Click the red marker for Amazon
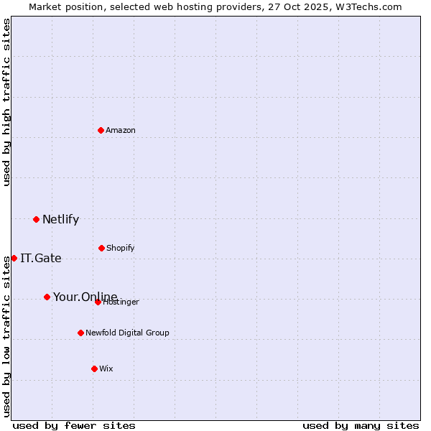click(101, 130)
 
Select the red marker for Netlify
click(36, 219)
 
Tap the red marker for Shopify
click(101, 248)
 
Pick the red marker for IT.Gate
click(14, 258)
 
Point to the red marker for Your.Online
click(47, 297)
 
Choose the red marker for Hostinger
click(98, 302)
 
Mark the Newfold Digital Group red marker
click(80, 333)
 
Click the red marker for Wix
click(94, 369)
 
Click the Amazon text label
click(121, 130)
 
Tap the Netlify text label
click(60, 219)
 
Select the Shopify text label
click(120, 248)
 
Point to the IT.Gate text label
click(41, 258)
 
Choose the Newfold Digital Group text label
click(127, 333)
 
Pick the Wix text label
click(106, 369)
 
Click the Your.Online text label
click(85, 297)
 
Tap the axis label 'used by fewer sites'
click(74, 425)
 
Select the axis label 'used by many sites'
click(361, 425)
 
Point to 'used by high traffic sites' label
click(6, 102)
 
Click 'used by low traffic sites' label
click(6, 336)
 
